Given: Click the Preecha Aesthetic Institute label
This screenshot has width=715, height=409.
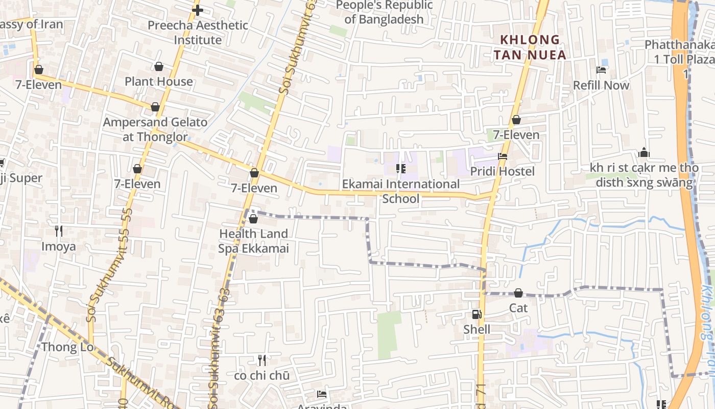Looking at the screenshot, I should pyautogui.click(x=198, y=32).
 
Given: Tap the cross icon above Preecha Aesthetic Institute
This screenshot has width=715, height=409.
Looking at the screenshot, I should pyautogui.click(x=198, y=10).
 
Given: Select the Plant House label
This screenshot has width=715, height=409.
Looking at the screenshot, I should pyautogui.click(x=159, y=81).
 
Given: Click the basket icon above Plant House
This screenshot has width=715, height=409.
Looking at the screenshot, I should pyautogui.click(x=159, y=66).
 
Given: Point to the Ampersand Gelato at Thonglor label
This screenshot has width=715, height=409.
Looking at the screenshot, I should pyautogui.click(x=155, y=129).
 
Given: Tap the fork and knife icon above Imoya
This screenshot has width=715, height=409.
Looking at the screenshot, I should pyautogui.click(x=59, y=231).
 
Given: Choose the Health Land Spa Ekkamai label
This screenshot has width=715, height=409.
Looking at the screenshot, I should pyautogui.click(x=253, y=241).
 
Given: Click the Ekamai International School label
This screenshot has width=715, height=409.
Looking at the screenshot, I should pyautogui.click(x=401, y=191).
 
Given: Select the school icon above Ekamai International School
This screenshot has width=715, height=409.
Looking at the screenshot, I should pyautogui.click(x=401, y=169).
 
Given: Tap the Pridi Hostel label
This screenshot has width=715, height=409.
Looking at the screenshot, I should pyautogui.click(x=503, y=171).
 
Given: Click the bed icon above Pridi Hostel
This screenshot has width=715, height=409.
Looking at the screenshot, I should pyautogui.click(x=503, y=156).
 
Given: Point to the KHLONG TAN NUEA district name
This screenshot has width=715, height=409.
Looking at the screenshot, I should pyautogui.click(x=533, y=47).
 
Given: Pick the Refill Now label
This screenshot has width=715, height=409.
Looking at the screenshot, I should pyautogui.click(x=601, y=85).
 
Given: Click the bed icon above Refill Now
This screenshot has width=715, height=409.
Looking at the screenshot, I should pyautogui.click(x=601, y=70).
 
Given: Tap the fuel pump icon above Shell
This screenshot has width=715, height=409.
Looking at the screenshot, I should pyautogui.click(x=476, y=315).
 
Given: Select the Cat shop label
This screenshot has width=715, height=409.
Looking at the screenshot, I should pyautogui.click(x=518, y=308).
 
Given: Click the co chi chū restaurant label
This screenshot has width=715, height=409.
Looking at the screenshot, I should pyautogui.click(x=261, y=375).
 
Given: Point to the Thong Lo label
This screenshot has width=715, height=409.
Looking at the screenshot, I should pyautogui.click(x=67, y=347).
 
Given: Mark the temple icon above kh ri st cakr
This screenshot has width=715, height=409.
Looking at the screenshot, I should pyautogui.click(x=643, y=152).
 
